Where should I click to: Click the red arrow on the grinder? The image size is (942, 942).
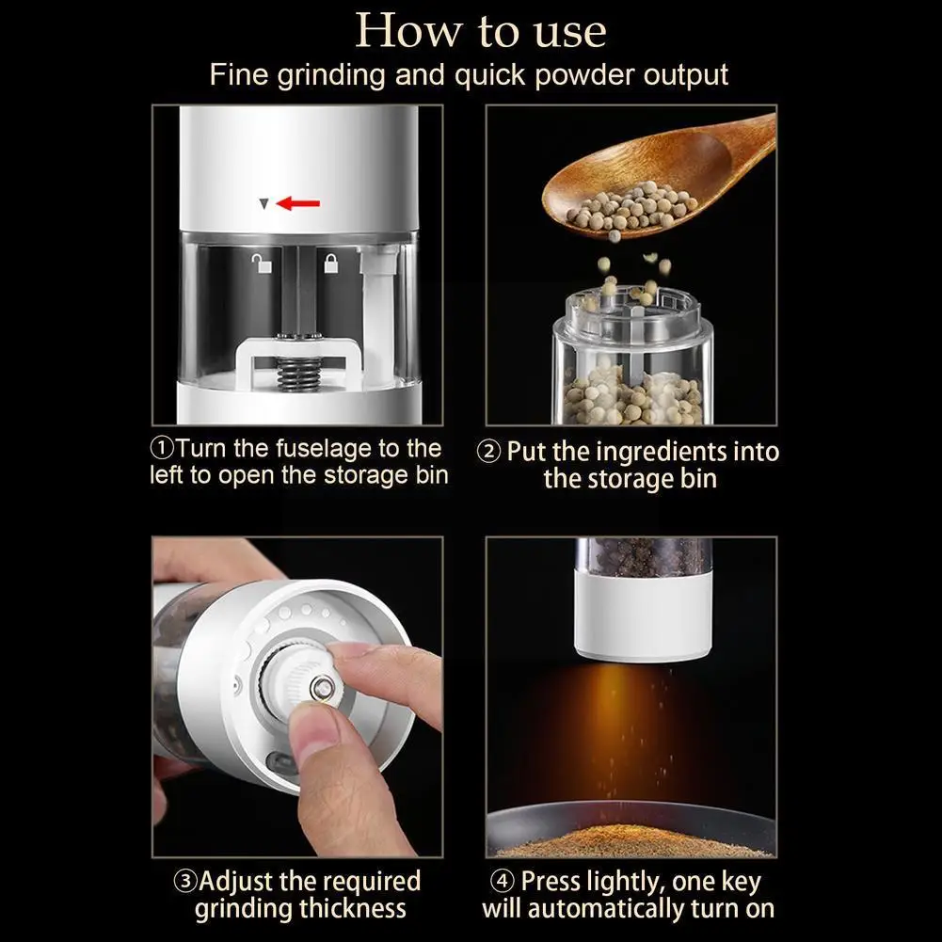point(298,203)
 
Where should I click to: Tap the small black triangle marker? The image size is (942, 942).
point(263,204)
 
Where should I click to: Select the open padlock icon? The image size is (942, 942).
point(262,263)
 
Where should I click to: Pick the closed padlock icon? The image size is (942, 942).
point(331,263)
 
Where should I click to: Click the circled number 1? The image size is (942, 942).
point(162,448)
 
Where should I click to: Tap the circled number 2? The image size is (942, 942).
point(488,452)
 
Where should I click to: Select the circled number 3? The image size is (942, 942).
point(185,882)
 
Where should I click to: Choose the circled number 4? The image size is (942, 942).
point(503,882)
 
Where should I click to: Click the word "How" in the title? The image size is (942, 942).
point(409,30)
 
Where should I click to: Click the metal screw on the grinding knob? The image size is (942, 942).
point(323,687)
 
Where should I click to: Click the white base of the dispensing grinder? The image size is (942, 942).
point(643,615)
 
